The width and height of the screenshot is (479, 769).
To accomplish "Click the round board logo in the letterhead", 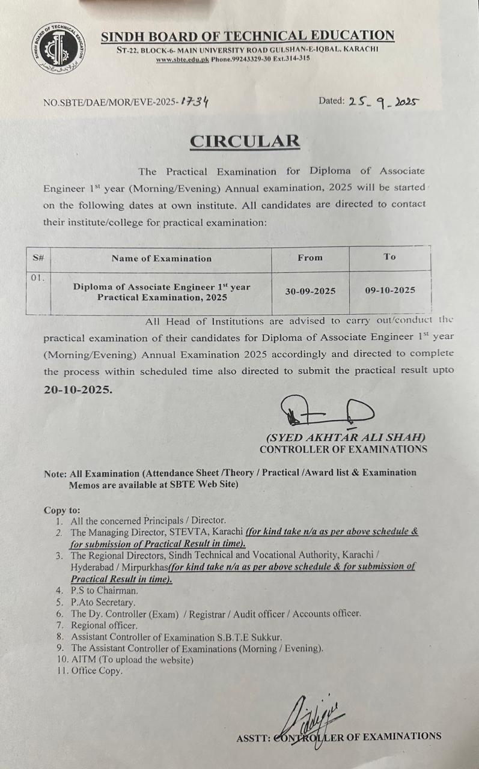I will pos(58,47).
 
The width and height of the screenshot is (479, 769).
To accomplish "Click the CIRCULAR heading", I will pos(244,141).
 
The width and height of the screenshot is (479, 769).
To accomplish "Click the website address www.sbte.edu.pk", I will pos(182,59).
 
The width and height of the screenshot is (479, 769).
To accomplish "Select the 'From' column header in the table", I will pos(310,257).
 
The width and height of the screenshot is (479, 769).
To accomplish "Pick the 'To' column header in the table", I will pos(389,257).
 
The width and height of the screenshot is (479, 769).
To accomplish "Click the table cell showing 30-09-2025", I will pos(310,291).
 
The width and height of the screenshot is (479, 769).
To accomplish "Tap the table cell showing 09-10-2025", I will pos(390,290).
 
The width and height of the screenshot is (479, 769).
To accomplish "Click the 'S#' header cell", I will pos(38,258).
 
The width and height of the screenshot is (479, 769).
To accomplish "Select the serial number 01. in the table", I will pos(38,278).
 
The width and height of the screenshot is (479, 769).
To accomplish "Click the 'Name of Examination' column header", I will pos(161,258).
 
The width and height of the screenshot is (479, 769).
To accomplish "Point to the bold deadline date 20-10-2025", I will pos(78,389).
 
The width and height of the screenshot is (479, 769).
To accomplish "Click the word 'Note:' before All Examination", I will pos(56,473).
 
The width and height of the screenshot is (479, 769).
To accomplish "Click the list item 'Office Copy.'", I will pos(97,671).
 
